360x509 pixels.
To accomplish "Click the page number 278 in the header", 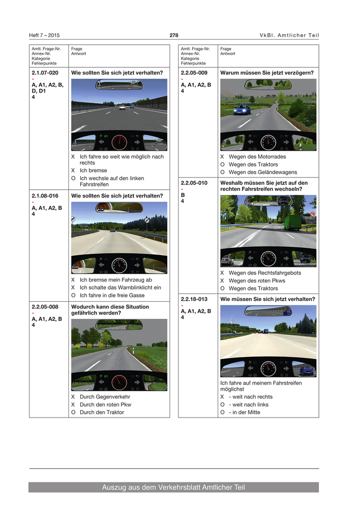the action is click(x=174, y=35).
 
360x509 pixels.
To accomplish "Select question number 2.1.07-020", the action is click(x=45, y=72).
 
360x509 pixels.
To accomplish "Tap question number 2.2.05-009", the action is click(x=194, y=72).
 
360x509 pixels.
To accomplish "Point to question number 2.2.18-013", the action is click(x=194, y=299).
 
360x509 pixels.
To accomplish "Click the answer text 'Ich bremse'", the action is click(x=93, y=170).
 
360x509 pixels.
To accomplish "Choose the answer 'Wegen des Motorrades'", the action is click(x=257, y=156).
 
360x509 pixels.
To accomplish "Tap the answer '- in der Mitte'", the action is click(x=244, y=412).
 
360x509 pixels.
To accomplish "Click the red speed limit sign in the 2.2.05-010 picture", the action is click(x=313, y=214).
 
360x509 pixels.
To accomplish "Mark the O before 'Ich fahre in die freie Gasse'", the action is click(x=73, y=296).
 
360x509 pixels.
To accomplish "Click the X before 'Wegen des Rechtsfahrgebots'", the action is click(x=222, y=273).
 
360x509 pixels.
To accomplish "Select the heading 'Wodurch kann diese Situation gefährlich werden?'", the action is click(x=110, y=310).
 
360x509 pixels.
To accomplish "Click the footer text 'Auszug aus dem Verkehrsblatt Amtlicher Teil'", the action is click(x=173, y=487).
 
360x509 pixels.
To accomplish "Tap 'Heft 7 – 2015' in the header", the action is click(x=44, y=35).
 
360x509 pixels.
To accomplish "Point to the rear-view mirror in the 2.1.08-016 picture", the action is click(x=119, y=207).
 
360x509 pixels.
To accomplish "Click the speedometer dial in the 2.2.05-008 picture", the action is click(x=119, y=382).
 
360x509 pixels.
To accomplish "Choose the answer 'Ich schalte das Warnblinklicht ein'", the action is click(x=120, y=287).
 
